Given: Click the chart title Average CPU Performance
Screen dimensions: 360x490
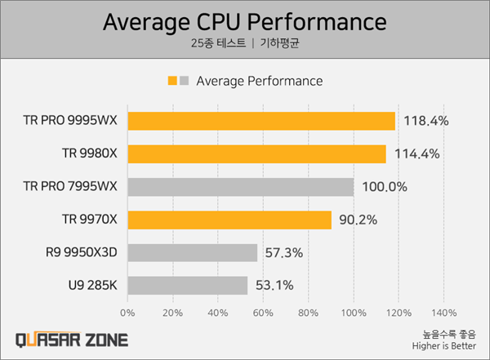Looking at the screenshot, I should point(245,22).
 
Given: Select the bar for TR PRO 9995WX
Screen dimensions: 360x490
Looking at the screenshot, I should point(261,121).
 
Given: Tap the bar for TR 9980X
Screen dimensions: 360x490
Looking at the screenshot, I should point(256,153).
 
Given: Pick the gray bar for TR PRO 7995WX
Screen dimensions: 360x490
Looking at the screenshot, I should point(241,187).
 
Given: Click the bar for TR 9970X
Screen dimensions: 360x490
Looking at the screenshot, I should point(229,220).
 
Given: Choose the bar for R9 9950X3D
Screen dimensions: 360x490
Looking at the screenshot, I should point(193,252).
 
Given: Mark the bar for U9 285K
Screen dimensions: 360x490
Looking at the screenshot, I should point(188,285).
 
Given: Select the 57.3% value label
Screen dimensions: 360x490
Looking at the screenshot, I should point(283,252).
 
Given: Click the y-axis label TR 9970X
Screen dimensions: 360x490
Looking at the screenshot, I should point(90,220).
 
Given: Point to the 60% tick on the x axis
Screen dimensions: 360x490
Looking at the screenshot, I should point(263,313).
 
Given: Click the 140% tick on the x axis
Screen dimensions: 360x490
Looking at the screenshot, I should point(443,313).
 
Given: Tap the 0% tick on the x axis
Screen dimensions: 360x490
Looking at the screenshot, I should point(128,313).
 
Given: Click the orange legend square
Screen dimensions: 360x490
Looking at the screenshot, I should point(172,81).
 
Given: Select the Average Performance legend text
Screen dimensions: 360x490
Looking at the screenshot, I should point(259,81).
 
